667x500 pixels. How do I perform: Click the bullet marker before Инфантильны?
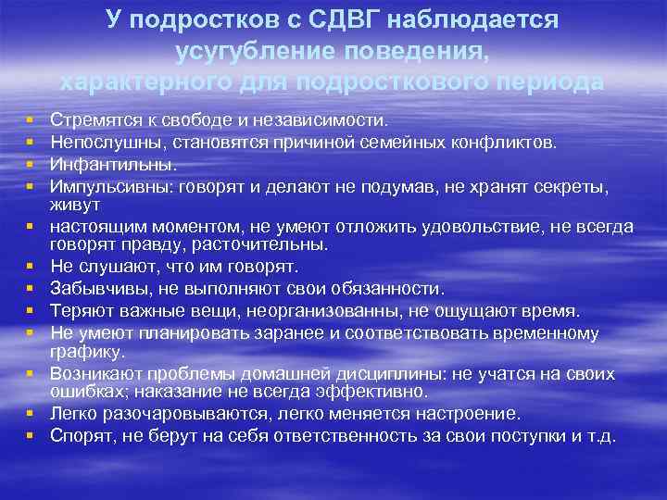click(x=31, y=164)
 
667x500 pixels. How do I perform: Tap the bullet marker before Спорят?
click(x=31, y=436)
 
